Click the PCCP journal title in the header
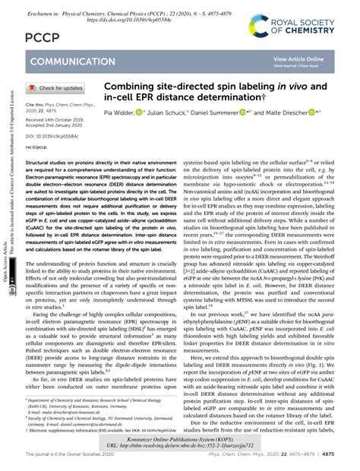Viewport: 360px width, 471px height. [43, 36]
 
